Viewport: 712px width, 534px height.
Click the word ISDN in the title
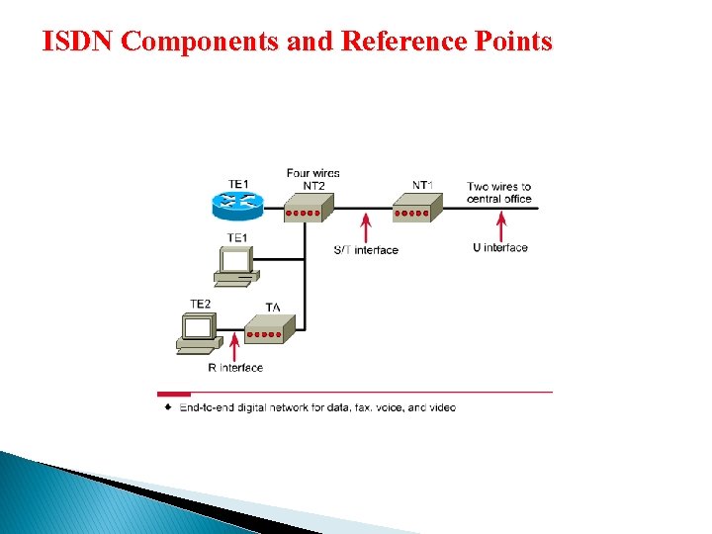tap(74, 42)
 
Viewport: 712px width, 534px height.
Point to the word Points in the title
tap(511, 42)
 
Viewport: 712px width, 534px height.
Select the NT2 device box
tap(308, 208)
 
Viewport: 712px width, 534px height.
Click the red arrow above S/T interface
tap(366, 225)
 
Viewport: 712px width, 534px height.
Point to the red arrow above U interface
tap(500, 226)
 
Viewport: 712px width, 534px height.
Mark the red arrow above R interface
tap(234, 347)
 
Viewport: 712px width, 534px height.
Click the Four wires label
tap(313, 173)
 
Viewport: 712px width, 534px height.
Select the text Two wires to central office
tap(499, 192)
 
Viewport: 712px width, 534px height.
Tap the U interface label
tap(500, 248)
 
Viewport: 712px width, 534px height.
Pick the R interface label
tap(235, 368)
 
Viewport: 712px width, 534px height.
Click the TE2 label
tap(200, 304)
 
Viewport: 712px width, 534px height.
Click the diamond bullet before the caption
tap(168, 406)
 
